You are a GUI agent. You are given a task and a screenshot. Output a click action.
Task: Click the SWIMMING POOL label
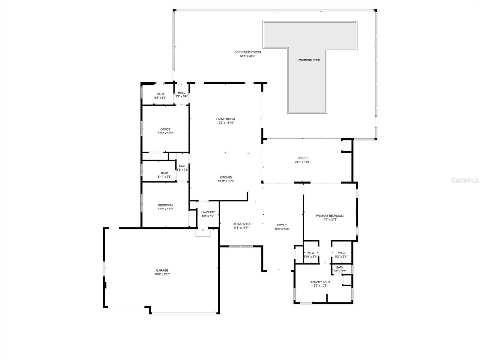point(309,60)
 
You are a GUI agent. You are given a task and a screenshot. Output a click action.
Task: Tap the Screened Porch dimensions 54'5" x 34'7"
point(247,56)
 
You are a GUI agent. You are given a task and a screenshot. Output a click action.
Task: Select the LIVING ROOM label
point(226,119)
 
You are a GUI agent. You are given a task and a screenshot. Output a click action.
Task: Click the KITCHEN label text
point(226,177)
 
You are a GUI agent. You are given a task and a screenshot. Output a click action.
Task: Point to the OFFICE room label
point(165,129)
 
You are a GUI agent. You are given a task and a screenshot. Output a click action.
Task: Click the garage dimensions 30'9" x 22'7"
point(162,274)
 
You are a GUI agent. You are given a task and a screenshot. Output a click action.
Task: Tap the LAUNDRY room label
point(208,212)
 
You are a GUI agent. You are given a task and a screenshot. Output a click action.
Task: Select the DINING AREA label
point(241,224)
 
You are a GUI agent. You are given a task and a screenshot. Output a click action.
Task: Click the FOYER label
point(282,225)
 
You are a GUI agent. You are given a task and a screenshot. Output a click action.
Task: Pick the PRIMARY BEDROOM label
point(329,216)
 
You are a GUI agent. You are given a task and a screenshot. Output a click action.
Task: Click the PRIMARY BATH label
point(319,282)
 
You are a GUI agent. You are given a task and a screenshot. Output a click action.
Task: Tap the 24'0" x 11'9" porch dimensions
point(302,162)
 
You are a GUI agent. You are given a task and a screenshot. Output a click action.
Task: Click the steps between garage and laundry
point(203,233)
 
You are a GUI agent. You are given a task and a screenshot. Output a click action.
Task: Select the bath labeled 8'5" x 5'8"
point(160,96)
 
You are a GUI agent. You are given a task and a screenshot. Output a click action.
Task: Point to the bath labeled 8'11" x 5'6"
point(164,175)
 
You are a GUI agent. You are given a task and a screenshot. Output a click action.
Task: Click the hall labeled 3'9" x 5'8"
point(181,94)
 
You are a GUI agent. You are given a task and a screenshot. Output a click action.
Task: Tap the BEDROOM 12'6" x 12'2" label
point(165,207)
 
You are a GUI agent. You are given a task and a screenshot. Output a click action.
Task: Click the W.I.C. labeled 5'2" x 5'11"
point(341,254)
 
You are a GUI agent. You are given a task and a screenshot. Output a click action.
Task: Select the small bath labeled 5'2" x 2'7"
point(340,269)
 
